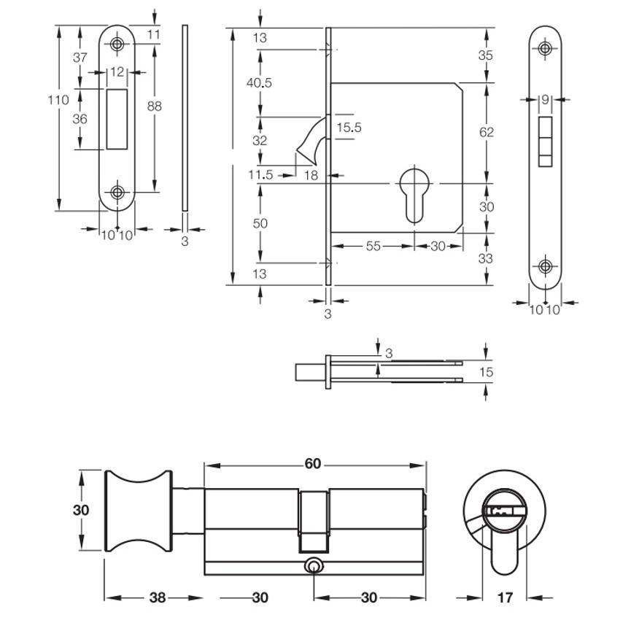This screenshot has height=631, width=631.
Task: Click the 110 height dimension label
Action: (x=58, y=99)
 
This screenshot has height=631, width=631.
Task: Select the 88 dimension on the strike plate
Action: (x=154, y=107)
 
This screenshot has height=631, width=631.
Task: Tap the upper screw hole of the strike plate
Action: (x=117, y=44)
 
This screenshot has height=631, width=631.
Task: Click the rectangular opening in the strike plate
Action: (x=117, y=119)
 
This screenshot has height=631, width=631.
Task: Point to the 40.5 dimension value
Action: (x=259, y=83)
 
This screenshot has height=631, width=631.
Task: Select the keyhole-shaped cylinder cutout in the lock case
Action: (x=414, y=194)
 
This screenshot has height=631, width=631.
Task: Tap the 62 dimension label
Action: (x=487, y=132)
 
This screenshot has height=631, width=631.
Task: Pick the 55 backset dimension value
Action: (x=373, y=246)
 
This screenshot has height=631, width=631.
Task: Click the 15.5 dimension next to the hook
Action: (x=349, y=128)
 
